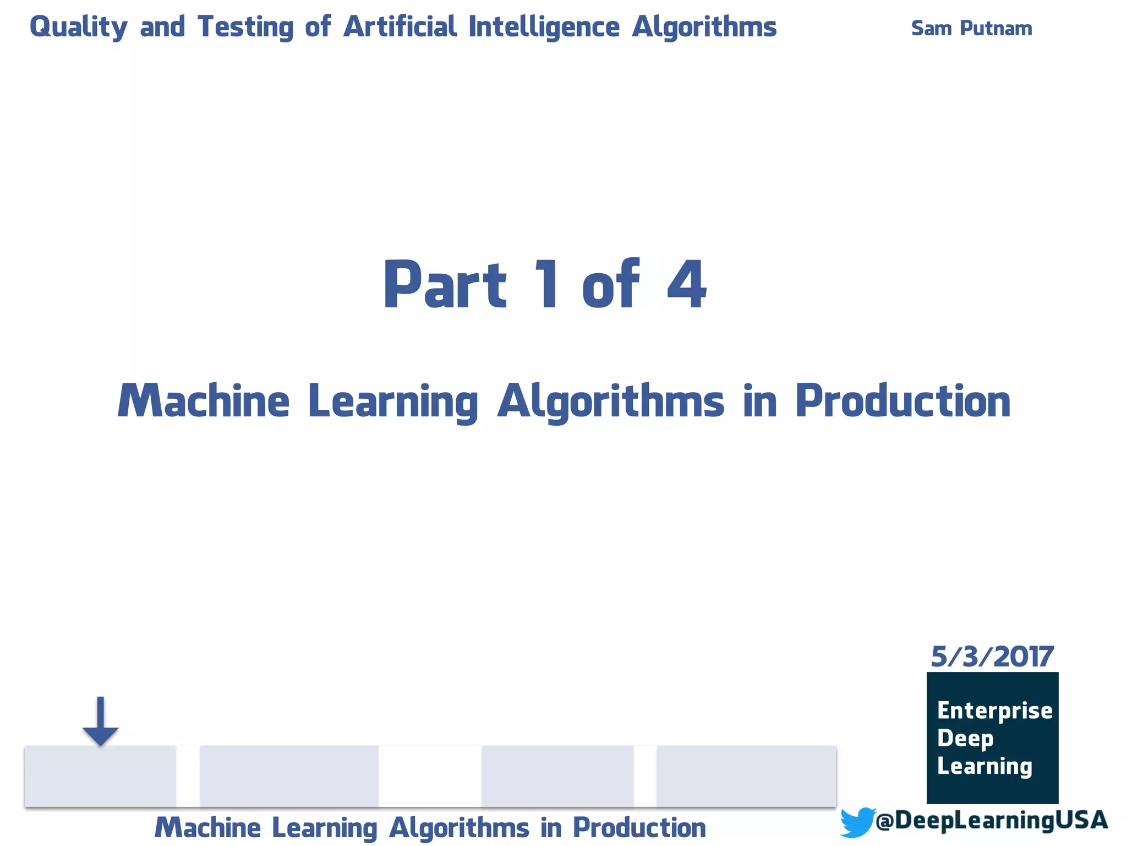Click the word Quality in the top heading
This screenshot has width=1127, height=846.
78,27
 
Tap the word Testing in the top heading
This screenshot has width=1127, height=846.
245,27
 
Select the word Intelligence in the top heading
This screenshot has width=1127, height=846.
544,27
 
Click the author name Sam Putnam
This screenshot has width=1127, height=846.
971,28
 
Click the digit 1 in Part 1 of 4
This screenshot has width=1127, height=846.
548,285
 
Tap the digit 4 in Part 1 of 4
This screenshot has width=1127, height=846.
686,285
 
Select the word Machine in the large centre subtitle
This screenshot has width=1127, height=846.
204,401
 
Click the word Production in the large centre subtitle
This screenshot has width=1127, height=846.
902,401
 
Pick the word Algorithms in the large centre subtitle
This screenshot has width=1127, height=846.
611,402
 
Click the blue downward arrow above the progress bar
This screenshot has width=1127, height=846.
100,722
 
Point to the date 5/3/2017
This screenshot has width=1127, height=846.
992,657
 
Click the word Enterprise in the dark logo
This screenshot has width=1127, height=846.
994,711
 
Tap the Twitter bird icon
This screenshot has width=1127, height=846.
857,822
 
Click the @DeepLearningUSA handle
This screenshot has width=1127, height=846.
991,820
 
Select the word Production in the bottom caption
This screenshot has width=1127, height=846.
639,827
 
